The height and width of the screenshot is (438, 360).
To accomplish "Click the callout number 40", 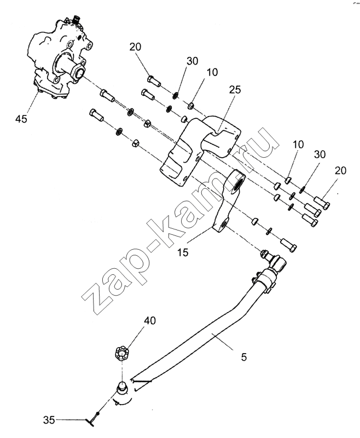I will coord(149,320).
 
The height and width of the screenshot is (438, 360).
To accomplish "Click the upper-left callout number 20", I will coord(136,47).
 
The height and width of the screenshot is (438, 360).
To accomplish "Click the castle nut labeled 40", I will coord(123,352).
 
